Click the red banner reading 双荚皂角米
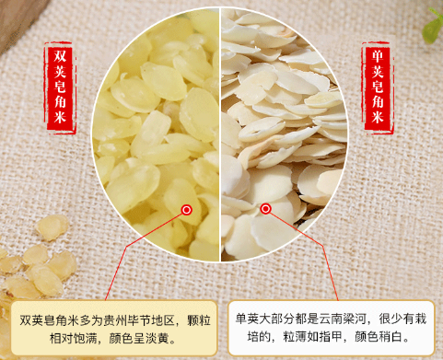[60, 87]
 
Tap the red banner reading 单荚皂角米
[377, 87]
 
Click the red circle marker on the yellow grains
[186, 210]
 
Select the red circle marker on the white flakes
[266, 209]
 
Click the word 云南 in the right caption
[331, 319]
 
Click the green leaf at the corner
[433, 27]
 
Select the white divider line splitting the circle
[220, 135]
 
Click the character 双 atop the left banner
[60, 55]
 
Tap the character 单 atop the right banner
[378, 56]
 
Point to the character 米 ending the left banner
[60, 117]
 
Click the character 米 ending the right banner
[378, 117]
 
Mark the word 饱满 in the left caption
[91, 339]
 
